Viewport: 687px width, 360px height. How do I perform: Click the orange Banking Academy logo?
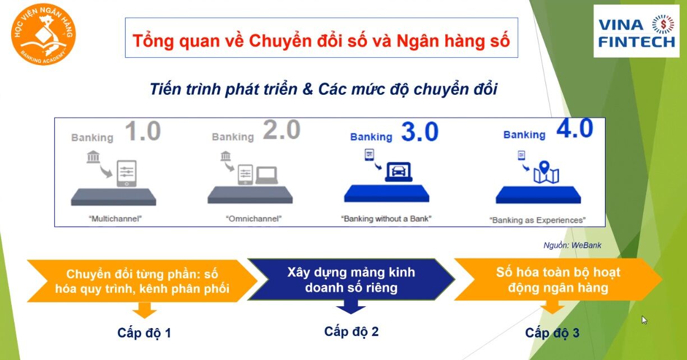[43, 34]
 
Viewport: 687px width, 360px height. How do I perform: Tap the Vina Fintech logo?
[637, 31]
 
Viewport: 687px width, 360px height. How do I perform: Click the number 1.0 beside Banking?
[143, 131]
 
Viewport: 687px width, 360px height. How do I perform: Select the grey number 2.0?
[282, 130]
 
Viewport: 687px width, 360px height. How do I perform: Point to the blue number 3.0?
[420, 132]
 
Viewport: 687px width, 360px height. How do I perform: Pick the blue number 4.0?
[575, 128]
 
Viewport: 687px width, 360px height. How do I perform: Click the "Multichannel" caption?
[116, 219]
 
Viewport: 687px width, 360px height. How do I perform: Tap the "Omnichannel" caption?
[253, 219]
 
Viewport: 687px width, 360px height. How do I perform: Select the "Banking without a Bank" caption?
[386, 219]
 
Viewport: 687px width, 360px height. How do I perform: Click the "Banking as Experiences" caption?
[537, 220]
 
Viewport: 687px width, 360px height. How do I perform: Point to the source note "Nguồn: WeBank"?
[572, 245]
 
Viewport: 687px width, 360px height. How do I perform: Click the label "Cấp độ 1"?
[144, 333]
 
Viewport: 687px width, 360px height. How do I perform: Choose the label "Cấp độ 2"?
[351, 332]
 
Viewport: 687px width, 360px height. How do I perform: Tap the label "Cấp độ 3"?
[552, 333]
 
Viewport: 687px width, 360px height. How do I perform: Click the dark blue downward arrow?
[351, 307]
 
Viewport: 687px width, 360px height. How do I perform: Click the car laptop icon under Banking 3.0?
[398, 172]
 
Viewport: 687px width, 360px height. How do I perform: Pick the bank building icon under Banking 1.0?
[93, 156]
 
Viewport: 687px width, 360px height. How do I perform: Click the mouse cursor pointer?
[644, 320]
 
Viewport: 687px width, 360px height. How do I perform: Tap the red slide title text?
[321, 41]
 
